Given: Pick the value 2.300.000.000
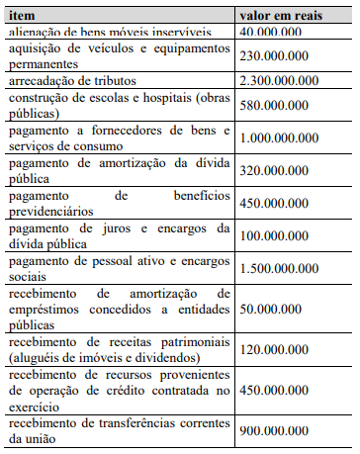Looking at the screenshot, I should click(286, 79).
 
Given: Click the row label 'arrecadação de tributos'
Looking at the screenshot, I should click(71, 79).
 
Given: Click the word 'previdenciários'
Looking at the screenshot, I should click(56, 210).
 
